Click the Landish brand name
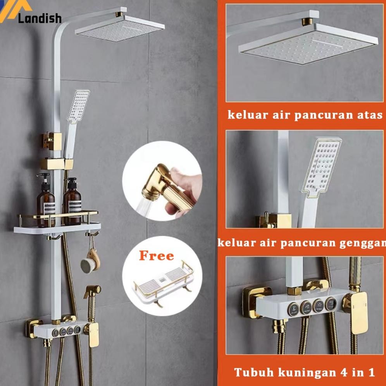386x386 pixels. click(x=40, y=18)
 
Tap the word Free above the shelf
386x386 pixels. click(x=157, y=256)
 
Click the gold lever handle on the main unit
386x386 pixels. click(x=92, y=335)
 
